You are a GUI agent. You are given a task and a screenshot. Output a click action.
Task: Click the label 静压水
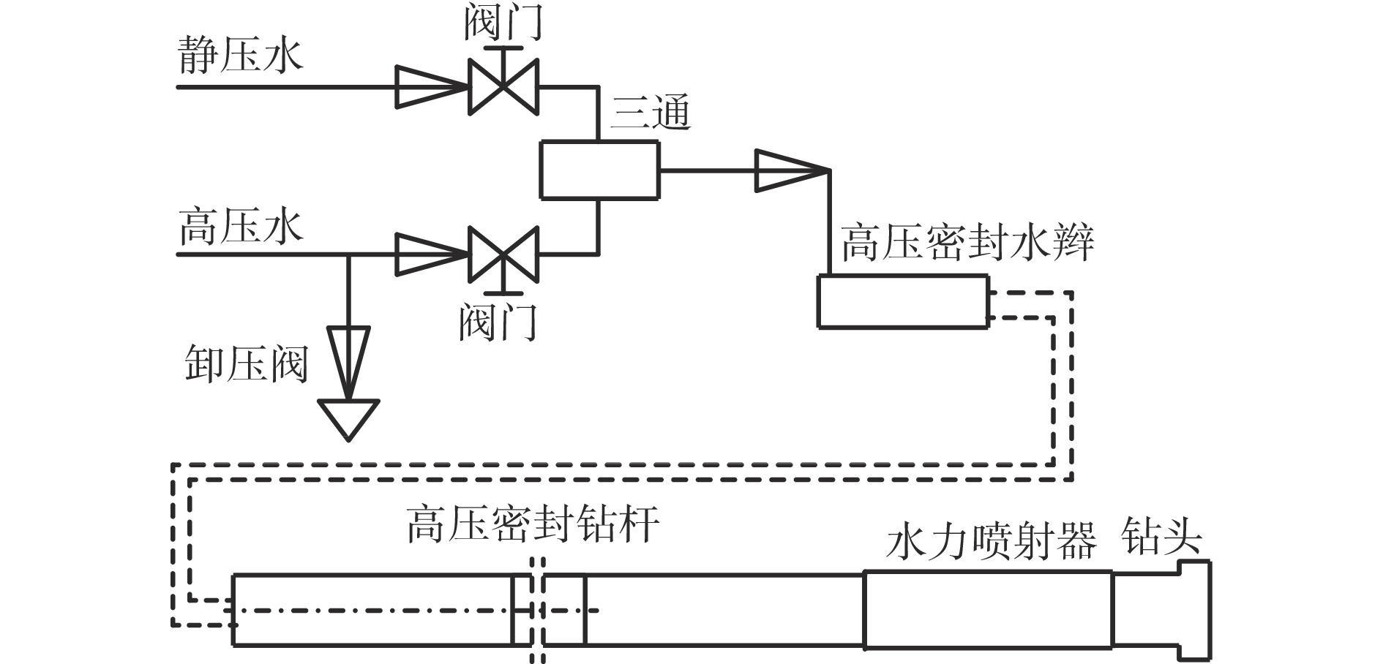[241, 56]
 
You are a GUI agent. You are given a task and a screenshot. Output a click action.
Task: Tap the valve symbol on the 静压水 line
[503, 86]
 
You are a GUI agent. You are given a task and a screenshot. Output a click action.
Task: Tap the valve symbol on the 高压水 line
[503, 254]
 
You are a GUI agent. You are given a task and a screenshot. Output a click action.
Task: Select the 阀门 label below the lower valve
[498, 322]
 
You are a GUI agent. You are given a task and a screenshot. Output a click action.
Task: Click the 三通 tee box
[599, 170]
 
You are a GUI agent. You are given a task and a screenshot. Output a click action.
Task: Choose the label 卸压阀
[245, 363]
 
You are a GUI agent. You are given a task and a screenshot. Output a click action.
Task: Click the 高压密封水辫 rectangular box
[902, 301]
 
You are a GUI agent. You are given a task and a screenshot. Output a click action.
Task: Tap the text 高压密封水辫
[967, 243]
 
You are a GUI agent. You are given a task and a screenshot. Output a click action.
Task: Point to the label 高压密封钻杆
[533, 524]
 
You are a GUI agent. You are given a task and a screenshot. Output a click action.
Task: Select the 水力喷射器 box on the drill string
[988, 610]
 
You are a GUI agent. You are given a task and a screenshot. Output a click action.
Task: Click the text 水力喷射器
[992, 541]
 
